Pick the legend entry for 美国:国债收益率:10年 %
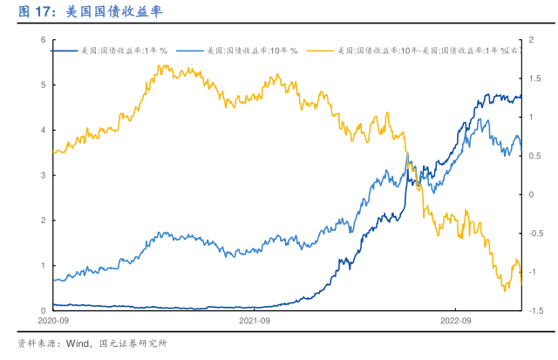[252, 51]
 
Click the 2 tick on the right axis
[532, 40]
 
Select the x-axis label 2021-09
[255, 322]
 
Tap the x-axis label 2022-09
[455, 322]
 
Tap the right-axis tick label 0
[532, 194]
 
